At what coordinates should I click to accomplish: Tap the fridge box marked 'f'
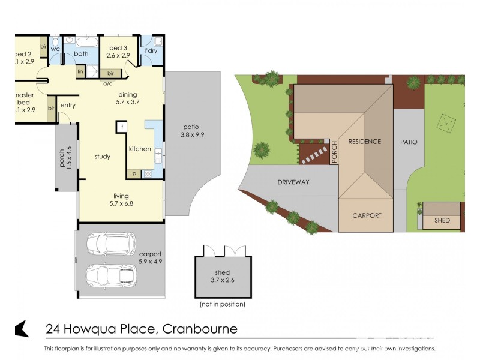[121, 127]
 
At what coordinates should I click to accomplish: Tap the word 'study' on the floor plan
[103, 157]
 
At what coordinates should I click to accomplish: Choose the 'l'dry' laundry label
[151, 51]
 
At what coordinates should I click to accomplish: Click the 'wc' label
[55, 49]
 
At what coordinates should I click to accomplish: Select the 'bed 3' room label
[118, 48]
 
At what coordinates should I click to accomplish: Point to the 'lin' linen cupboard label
[80, 71]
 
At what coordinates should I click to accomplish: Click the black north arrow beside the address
[22, 329]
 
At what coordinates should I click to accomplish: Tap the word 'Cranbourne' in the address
[200, 329]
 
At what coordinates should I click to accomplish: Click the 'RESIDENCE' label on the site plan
[364, 142]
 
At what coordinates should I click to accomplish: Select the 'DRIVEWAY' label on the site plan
[293, 182]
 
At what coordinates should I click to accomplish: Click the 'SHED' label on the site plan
[442, 220]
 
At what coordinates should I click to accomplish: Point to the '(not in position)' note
[223, 305]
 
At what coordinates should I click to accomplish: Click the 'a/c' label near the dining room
[108, 84]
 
